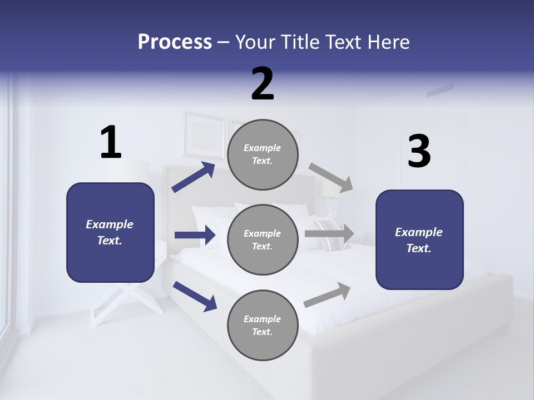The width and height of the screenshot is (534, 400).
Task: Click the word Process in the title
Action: [175, 42]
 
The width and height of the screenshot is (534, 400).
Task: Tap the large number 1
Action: [111, 143]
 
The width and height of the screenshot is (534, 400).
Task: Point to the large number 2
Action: [263, 84]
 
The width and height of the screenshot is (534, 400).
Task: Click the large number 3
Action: [419, 152]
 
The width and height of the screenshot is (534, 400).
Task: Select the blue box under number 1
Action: [110, 232]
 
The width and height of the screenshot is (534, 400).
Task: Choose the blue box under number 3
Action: [419, 240]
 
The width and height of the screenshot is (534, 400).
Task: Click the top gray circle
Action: [263, 154]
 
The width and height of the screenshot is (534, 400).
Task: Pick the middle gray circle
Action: [263, 240]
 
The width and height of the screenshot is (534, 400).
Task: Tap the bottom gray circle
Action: [263, 326]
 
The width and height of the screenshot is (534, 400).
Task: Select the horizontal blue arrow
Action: [195, 235]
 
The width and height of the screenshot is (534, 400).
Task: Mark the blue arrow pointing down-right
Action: [195, 296]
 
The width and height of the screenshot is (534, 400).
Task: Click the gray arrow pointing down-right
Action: [331, 177]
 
